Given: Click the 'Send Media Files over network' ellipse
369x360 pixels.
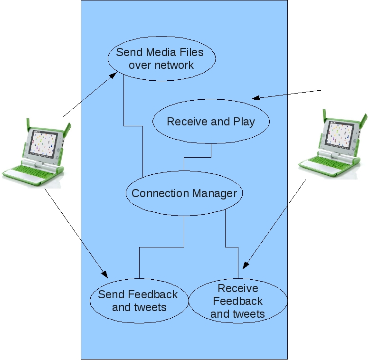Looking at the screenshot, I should (x=161, y=58).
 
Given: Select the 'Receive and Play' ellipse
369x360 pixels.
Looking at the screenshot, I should (x=211, y=122).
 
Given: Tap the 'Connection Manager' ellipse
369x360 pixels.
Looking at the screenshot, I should (x=184, y=193).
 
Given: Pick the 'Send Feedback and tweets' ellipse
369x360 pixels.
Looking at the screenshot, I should (x=138, y=301).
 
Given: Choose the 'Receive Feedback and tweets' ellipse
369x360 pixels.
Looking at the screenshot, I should (x=238, y=301).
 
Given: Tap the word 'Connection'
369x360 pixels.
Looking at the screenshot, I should (x=160, y=193).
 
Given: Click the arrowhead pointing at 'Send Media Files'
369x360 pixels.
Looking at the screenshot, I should (x=114, y=75).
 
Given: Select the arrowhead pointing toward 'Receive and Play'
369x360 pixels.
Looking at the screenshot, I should (x=255, y=98).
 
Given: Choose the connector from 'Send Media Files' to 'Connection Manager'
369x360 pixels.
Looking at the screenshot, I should (x=133, y=126).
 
